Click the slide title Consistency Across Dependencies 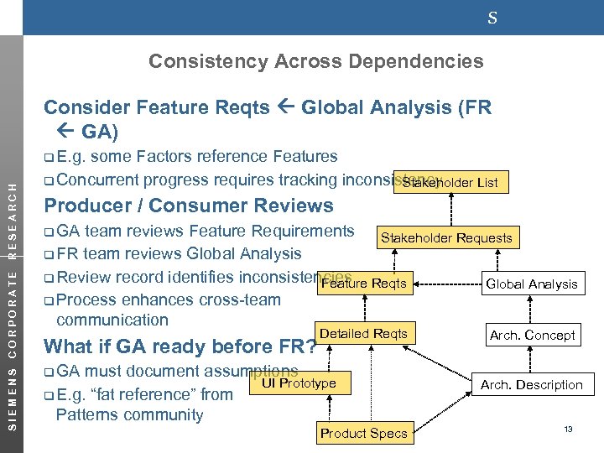(x=315, y=61)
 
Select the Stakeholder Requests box (x=445, y=238)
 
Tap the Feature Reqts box (x=365, y=284)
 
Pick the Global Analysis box (x=532, y=284)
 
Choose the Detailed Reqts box (x=363, y=334)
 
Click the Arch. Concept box (x=532, y=335)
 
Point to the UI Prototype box (x=299, y=383)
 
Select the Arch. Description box (x=531, y=385)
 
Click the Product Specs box (x=363, y=433)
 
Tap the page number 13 (x=568, y=430)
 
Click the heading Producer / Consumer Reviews (x=188, y=206)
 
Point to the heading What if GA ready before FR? (x=180, y=346)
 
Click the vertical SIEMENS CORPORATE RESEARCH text (x=12, y=293)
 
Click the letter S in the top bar (x=492, y=17)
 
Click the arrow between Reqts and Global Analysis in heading (x=285, y=107)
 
